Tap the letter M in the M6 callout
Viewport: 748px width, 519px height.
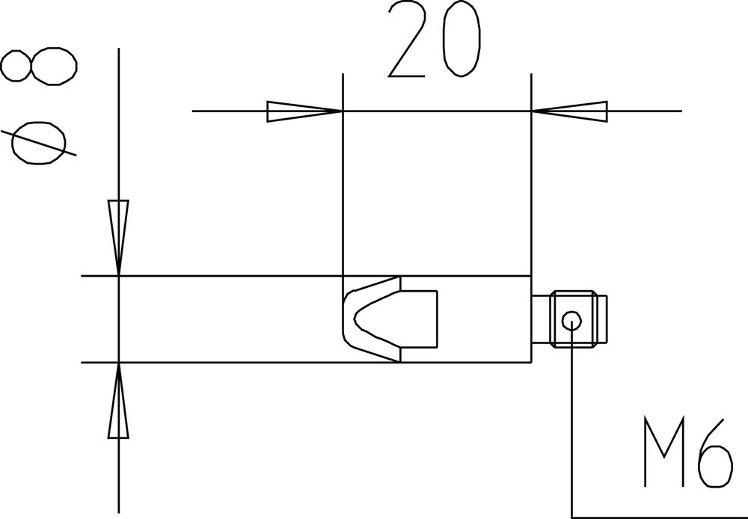click(x=664, y=452)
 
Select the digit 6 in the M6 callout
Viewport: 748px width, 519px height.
click(x=714, y=453)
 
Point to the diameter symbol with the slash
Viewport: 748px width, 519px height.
click(x=38, y=143)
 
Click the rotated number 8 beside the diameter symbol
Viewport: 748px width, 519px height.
click(x=38, y=66)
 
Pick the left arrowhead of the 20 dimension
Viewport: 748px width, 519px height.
click(x=304, y=111)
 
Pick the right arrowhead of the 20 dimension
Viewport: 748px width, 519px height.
click(x=569, y=111)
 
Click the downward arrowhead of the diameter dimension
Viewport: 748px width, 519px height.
click(x=118, y=238)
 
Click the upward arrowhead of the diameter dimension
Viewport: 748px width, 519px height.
click(x=118, y=401)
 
